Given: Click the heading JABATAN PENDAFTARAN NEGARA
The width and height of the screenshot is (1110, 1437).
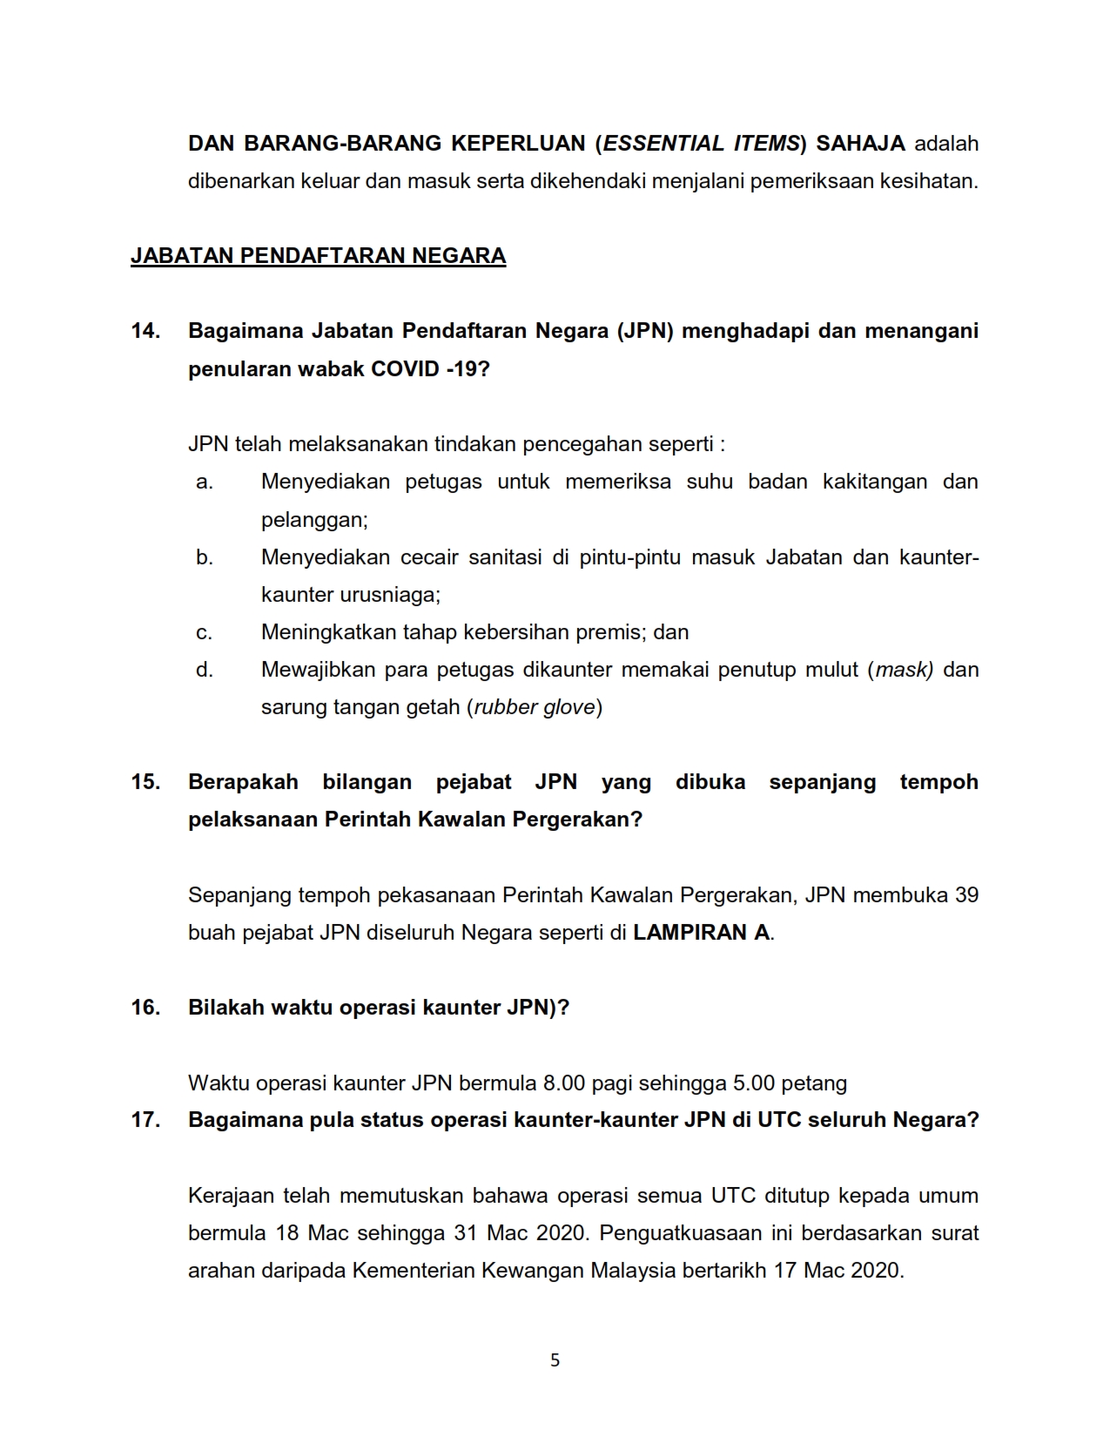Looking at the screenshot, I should tap(318, 255).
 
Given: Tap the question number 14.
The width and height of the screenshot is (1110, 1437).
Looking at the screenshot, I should tap(145, 331).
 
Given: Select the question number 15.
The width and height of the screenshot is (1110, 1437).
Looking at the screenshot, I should tap(145, 781).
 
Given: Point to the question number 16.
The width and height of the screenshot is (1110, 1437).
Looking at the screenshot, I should tap(145, 1007).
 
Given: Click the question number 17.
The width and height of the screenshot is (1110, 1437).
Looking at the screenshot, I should tap(145, 1119).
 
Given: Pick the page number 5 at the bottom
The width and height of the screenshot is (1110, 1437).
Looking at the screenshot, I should tap(555, 1360).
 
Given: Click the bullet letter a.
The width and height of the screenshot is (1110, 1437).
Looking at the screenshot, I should tap(205, 482).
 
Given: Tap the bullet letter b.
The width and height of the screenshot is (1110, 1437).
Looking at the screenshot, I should tap(205, 557).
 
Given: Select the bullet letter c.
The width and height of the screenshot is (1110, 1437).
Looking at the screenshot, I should tap(205, 632).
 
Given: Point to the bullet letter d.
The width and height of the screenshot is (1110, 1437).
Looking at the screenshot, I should tap(205, 670).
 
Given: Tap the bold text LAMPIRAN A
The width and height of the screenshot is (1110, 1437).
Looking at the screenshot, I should tap(701, 932).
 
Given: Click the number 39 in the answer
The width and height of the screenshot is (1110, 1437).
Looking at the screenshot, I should tap(966, 894).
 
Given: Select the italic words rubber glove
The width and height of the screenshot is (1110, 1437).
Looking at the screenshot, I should tap(535, 707).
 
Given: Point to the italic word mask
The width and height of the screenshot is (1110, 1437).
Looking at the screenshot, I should tap(903, 670).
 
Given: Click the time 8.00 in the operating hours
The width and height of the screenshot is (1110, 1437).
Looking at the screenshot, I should tap(564, 1083).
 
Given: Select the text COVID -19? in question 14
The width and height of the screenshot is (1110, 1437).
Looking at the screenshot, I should tap(430, 368).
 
